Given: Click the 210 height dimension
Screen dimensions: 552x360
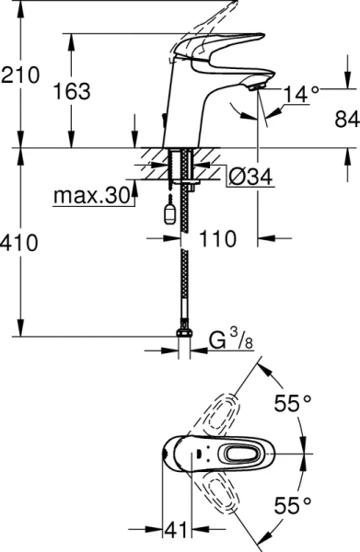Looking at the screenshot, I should [x=20, y=75].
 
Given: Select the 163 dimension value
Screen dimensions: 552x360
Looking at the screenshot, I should [x=72, y=91].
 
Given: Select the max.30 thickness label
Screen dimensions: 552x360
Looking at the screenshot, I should [x=88, y=196].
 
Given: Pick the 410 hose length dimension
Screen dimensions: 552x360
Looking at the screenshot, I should [x=20, y=244].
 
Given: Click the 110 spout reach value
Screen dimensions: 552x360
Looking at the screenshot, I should [x=219, y=238].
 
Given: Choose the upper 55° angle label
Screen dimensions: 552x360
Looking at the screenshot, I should [x=294, y=402].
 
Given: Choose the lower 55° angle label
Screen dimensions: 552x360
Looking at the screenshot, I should [x=294, y=504].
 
